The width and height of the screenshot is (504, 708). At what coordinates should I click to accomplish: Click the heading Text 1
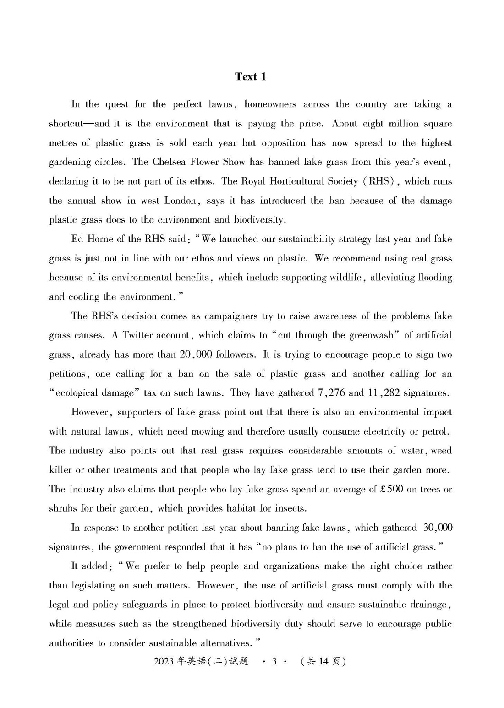250,76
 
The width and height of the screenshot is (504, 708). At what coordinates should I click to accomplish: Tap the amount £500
392,489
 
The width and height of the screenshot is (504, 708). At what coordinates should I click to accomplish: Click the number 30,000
438,528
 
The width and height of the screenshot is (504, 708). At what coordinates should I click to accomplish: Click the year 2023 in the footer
164,661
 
